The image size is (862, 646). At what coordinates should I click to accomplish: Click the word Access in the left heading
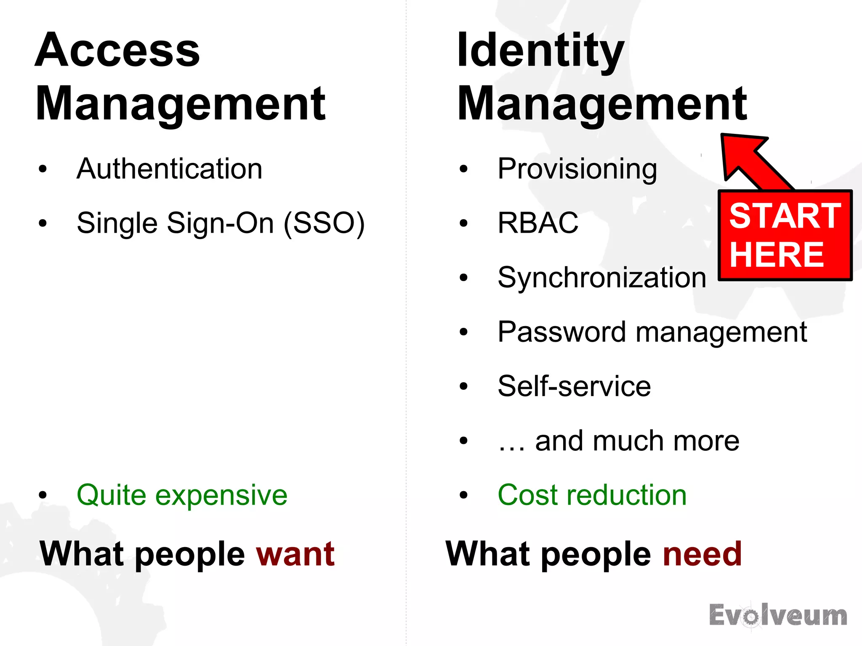(x=117, y=51)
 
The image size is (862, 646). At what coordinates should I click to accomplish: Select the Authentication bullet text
(x=169, y=169)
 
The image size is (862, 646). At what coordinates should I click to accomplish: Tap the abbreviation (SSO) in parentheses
(x=324, y=223)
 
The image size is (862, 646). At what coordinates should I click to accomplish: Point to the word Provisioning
(x=577, y=169)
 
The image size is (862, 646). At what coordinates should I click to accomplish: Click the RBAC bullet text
(x=538, y=223)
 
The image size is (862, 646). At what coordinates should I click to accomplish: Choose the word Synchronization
(x=601, y=278)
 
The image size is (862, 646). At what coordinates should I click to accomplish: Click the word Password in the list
(x=562, y=332)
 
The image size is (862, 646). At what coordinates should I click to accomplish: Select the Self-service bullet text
(x=574, y=386)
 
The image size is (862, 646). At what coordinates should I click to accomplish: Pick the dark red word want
(x=295, y=554)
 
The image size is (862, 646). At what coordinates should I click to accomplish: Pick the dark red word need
(x=702, y=554)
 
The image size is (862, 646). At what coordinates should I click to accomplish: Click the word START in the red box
(x=785, y=216)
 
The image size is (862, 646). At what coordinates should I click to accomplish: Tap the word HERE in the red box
(x=777, y=255)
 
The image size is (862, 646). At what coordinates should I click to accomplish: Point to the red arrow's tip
(x=724, y=137)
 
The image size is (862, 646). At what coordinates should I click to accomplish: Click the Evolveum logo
(x=778, y=616)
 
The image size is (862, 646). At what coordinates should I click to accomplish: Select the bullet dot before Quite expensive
(x=43, y=495)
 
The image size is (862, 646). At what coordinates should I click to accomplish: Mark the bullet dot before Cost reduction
(x=463, y=495)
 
